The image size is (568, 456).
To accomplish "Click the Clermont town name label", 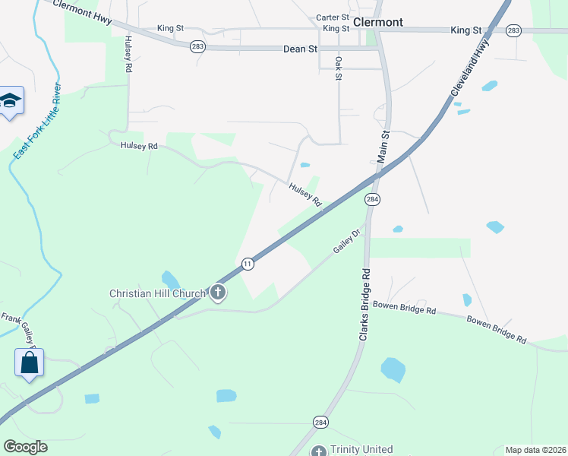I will pyautogui.click(x=378, y=22).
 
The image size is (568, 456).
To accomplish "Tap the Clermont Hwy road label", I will pyautogui.click(x=83, y=14).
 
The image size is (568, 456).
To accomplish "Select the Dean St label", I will pyautogui.click(x=299, y=49).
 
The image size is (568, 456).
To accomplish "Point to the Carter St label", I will pyautogui.click(x=333, y=17).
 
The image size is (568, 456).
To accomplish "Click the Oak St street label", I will pyautogui.click(x=339, y=67).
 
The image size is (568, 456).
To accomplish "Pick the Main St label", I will pyautogui.click(x=384, y=144).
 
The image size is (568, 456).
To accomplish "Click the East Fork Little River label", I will pyautogui.click(x=39, y=122).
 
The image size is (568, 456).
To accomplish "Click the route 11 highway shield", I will pyautogui.click(x=248, y=264).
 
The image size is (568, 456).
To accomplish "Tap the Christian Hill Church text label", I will pyautogui.click(x=157, y=293).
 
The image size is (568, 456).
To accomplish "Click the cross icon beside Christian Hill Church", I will pyautogui.click(x=218, y=293).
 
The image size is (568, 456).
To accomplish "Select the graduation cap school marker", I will pyautogui.click(x=11, y=100).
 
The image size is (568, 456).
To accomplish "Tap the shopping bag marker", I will pyautogui.click(x=29, y=363).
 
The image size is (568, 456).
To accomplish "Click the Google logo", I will pyautogui.click(x=25, y=447).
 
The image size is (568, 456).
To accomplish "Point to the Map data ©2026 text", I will pyautogui.click(x=535, y=450).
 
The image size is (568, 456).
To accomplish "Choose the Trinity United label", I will pyautogui.click(x=361, y=450).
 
